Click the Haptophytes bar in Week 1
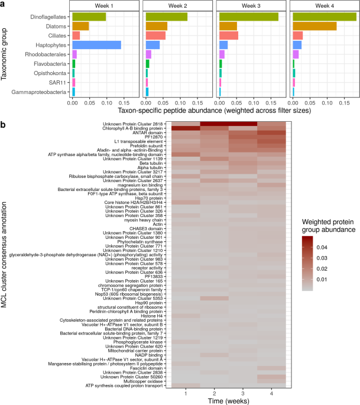pos(96,45)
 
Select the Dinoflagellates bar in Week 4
pos(324,17)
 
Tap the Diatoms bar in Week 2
pos(156,26)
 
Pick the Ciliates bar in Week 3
pos(228,35)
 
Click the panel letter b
pos(4,125)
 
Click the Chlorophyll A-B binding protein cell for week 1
pos(186,128)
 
